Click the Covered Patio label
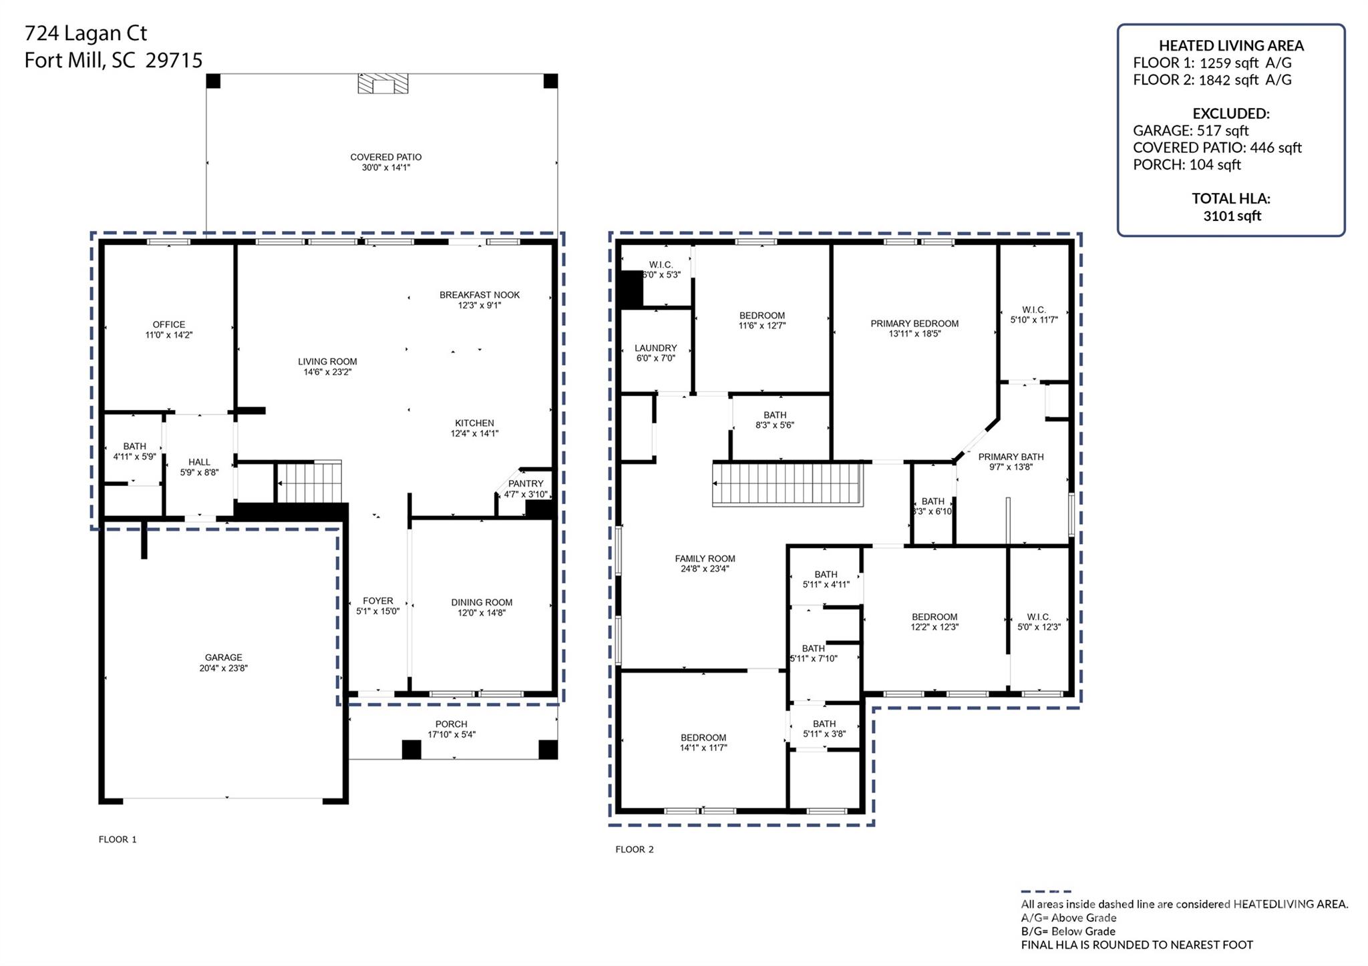click(x=385, y=158)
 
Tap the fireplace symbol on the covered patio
click(x=383, y=84)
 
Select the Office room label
click(x=168, y=324)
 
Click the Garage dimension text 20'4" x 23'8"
click(x=223, y=668)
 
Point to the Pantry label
click(x=526, y=484)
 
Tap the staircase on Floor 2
click(x=787, y=485)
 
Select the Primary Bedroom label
click(x=914, y=324)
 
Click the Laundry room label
click(x=655, y=348)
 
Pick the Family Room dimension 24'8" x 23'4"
click(x=704, y=569)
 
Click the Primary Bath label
click(x=1011, y=457)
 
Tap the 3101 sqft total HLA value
click(x=1232, y=216)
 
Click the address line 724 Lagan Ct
click(x=85, y=33)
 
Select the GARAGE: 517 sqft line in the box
click(x=1190, y=131)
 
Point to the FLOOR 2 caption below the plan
click(x=634, y=850)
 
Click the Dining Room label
click(x=481, y=603)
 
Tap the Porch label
click(x=451, y=724)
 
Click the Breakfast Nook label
click(x=479, y=295)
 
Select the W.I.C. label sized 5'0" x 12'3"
click(x=1038, y=618)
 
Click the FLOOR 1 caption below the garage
click(x=118, y=840)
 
